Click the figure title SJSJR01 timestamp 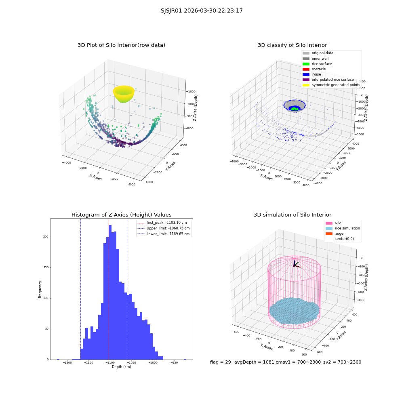click(202, 11)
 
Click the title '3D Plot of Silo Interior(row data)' click(121, 45)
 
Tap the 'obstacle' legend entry click(314, 69)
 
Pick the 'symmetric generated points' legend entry click(331, 85)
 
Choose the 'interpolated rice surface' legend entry click(328, 80)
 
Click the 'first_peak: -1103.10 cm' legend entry click(162, 223)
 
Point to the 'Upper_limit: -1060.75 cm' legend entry click(164, 228)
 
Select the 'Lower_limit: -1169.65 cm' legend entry click(164, 234)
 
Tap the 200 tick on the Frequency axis click(46, 237)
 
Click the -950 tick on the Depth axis click(174, 362)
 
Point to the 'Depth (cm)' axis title click(122, 367)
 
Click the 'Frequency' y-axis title click(40, 289)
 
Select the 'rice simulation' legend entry click(343, 228)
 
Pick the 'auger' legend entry click(335, 234)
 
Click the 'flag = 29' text click(221, 362)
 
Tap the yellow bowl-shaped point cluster click(124, 94)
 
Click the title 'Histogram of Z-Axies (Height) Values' click(121, 215)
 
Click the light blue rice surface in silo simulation click(294, 310)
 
